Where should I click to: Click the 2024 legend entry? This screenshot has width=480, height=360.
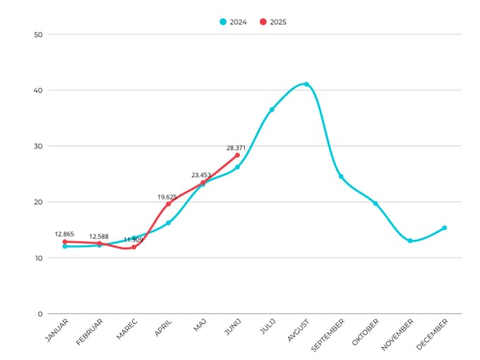(x=233, y=22)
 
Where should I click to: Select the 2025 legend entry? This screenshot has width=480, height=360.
(x=273, y=22)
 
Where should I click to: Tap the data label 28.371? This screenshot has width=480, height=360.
(x=237, y=148)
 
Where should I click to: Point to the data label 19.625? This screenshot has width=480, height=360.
(x=168, y=197)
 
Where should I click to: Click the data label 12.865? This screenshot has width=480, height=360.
(x=64, y=234)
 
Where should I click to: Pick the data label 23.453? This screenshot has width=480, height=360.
(x=203, y=175)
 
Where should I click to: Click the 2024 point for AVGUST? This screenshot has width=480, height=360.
(x=306, y=84)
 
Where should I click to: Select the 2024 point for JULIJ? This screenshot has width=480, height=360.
(x=272, y=109)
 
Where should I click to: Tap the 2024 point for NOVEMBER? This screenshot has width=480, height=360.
(x=410, y=241)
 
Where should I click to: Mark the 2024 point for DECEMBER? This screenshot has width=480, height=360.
(x=445, y=228)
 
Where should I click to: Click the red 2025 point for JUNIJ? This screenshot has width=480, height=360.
(x=237, y=155)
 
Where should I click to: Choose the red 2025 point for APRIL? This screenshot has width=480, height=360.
(x=168, y=204)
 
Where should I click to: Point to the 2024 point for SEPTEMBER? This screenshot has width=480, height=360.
(x=341, y=176)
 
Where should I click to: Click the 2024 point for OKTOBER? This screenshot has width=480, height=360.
(x=376, y=203)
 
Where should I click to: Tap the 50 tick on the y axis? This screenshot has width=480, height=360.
(x=38, y=35)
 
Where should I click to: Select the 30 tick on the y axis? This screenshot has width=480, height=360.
(x=38, y=146)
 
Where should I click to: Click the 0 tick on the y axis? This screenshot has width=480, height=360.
(x=40, y=314)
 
